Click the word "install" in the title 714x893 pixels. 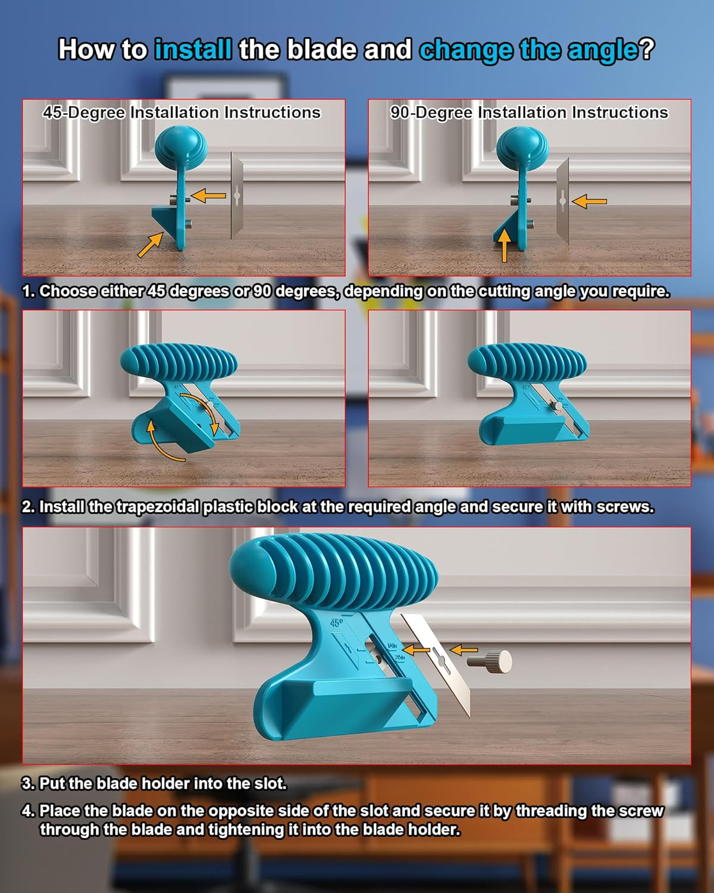point(193,49)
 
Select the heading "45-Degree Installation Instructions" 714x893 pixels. point(181,113)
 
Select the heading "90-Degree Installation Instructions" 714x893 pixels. point(529,113)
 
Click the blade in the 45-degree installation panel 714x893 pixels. point(237,195)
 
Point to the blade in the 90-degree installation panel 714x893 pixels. point(562,201)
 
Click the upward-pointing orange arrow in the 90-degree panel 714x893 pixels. point(505,246)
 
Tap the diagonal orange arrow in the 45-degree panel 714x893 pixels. point(151,245)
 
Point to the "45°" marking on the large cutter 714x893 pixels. point(337,623)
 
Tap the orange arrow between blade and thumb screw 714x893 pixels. point(464,650)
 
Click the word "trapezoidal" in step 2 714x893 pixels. point(158,507)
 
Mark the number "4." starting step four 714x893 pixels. point(29,811)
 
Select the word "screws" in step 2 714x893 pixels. point(624,507)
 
